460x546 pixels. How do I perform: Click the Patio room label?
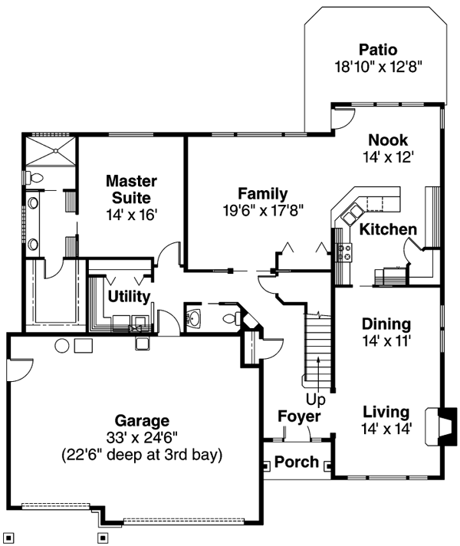(376, 51)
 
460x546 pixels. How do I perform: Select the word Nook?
(387, 140)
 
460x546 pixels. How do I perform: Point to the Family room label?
(262, 193)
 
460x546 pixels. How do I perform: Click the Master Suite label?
(131, 189)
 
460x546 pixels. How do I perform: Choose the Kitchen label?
(389, 229)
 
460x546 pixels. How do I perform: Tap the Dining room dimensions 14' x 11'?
(387, 340)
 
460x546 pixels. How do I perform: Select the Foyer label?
(299, 416)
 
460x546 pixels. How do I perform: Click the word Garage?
(142, 420)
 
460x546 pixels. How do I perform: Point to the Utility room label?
(128, 296)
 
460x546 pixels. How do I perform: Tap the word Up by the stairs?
(316, 400)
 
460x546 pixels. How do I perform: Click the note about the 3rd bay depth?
(142, 455)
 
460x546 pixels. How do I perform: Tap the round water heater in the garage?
(62, 346)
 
